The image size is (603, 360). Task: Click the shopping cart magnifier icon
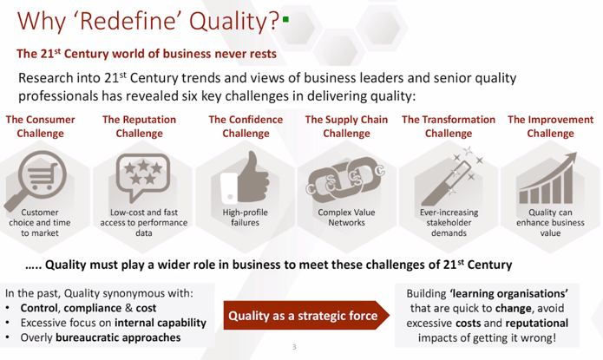36,179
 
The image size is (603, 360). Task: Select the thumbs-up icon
245,178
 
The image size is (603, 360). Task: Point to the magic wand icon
450,177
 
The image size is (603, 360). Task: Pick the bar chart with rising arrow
547,178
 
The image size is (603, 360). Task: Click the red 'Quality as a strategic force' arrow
306,316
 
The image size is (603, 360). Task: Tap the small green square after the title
285,19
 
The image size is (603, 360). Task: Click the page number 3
294,347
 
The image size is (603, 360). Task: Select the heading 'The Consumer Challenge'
41,127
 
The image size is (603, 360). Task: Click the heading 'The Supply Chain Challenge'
346,127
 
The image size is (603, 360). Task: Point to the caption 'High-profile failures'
245,218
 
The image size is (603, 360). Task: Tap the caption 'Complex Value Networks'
346,218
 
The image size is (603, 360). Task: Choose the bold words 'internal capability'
161,323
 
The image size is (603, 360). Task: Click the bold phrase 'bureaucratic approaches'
118,337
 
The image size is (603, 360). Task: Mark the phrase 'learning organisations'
508,294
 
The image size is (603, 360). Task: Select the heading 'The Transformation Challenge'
449,127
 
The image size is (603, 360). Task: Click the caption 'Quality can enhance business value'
550,223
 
